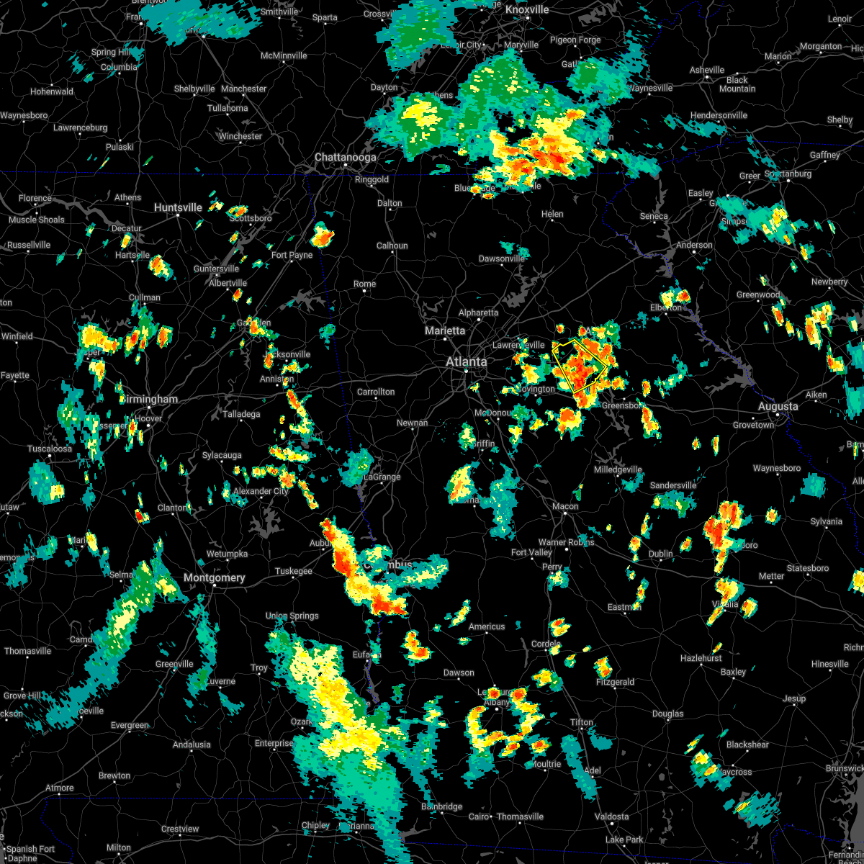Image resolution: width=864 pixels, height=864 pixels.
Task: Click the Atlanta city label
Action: tap(466, 361)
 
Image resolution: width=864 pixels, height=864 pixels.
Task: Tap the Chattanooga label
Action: tap(345, 157)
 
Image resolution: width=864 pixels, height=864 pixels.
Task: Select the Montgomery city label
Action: tap(214, 577)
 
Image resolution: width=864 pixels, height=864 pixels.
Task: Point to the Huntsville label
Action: tap(178, 207)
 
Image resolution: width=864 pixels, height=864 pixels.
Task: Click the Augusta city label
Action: tap(778, 407)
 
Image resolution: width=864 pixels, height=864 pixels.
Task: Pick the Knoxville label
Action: tap(527, 9)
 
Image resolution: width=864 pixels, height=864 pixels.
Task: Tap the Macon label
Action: tap(565, 506)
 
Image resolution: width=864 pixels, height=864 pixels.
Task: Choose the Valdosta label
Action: tap(611, 816)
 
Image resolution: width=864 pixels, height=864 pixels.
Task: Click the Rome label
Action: tap(364, 284)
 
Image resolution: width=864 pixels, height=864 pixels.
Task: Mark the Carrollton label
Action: tap(376, 392)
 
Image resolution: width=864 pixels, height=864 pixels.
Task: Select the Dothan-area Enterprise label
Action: tap(274, 743)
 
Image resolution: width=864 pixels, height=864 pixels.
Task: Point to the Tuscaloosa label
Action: tap(50, 449)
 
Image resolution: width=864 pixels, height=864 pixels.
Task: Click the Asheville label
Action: tap(706, 70)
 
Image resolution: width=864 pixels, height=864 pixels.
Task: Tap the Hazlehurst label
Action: tap(701, 658)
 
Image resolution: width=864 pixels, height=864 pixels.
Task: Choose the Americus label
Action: tap(487, 626)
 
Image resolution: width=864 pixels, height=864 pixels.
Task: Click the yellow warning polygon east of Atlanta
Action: tap(578, 366)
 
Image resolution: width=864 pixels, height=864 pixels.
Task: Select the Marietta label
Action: tap(444, 330)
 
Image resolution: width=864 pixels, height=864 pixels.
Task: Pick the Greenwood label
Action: tap(757, 294)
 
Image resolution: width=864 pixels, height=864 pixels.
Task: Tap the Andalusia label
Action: tap(192, 744)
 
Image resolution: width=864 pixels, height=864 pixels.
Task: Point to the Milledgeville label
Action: tap(618, 469)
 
